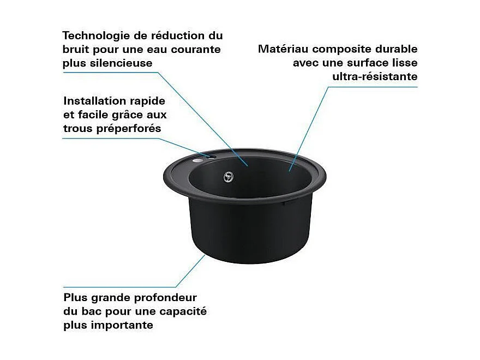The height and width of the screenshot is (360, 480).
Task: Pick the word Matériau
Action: [283, 49]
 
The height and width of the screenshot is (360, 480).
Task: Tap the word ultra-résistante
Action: [375, 76]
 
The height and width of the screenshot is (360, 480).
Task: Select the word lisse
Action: [404, 63]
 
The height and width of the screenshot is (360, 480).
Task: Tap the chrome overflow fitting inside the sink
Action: [229, 176]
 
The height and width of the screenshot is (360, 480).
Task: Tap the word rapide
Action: [150, 101]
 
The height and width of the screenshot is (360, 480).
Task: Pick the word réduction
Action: [178, 36]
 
